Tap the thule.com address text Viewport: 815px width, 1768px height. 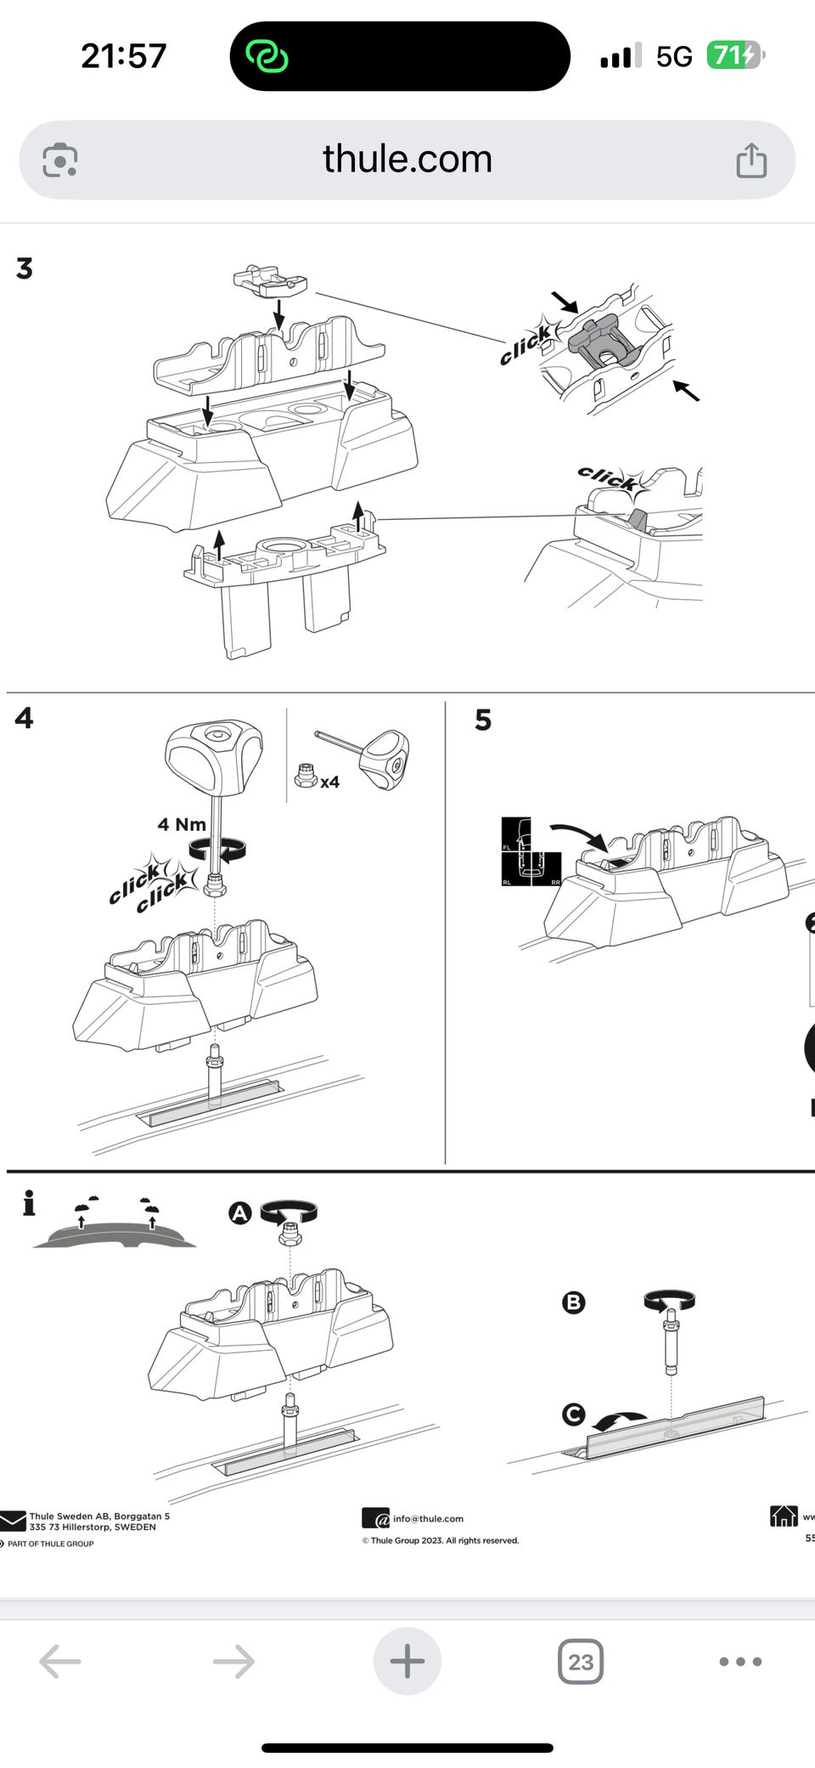[407, 159]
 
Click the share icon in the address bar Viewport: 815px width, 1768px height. [750, 160]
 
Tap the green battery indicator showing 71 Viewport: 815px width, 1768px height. [733, 55]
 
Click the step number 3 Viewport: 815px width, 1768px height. [25, 268]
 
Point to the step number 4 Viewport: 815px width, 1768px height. [24, 718]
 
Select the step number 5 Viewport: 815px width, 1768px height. [483, 720]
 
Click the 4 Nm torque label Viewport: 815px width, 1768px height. [182, 824]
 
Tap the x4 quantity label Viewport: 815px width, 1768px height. [329, 782]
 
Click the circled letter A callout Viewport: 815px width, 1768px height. [240, 1212]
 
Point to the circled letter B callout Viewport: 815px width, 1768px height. [574, 1302]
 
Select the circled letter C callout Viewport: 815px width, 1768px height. [574, 1414]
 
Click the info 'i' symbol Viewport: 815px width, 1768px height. [29, 1202]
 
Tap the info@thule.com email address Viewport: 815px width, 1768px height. [428, 1518]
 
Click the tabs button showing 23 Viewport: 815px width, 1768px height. [581, 1661]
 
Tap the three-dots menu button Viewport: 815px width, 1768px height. [740, 1661]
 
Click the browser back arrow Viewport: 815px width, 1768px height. [60, 1661]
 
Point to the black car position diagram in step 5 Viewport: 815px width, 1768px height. [531, 852]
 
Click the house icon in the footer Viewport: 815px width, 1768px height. [784, 1515]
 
